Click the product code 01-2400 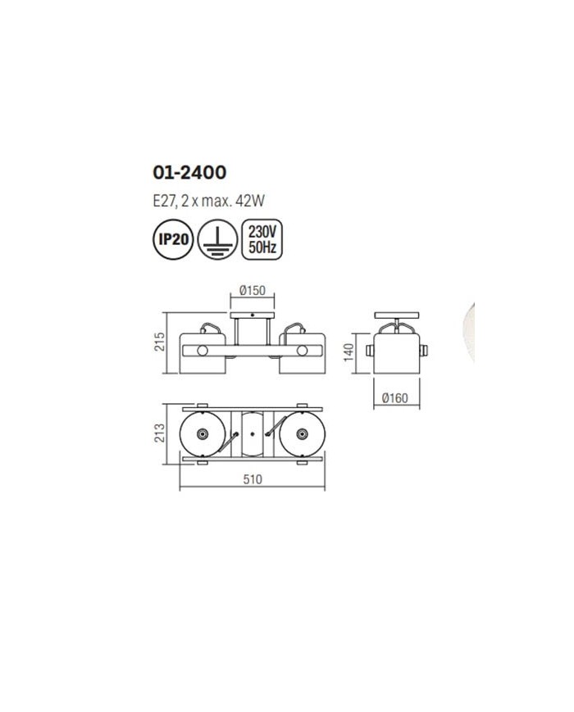(189, 173)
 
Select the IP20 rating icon (173, 239)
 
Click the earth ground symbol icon (217, 239)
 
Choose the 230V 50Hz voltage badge (262, 239)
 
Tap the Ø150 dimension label (253, 290)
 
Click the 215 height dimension (160, 342)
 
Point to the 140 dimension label (348, 353)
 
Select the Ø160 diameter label (395, 398)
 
